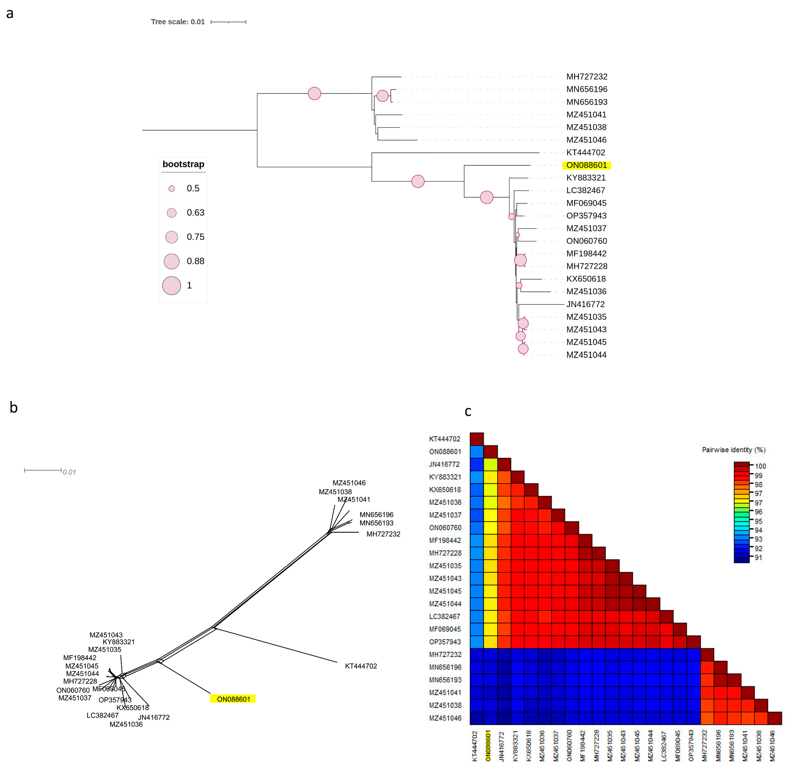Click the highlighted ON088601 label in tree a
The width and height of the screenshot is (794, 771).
tap(586, 165)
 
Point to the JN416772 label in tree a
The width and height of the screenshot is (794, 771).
tap(585, 304)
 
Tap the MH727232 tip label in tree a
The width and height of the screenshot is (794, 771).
tap(587, 77)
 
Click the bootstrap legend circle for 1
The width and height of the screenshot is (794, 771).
tap(171, 286)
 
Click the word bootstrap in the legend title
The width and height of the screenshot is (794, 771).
tap(183, 164)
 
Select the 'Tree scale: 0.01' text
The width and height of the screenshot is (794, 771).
tap(178, 22)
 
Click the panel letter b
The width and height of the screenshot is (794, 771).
tap(13, 407)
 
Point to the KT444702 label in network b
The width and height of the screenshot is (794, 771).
tap(361, 666)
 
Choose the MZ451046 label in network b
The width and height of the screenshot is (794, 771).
tap(349, 483)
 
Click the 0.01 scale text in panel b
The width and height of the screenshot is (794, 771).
tap(69, 472)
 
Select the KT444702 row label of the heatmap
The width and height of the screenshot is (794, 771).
tap(445, 439)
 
